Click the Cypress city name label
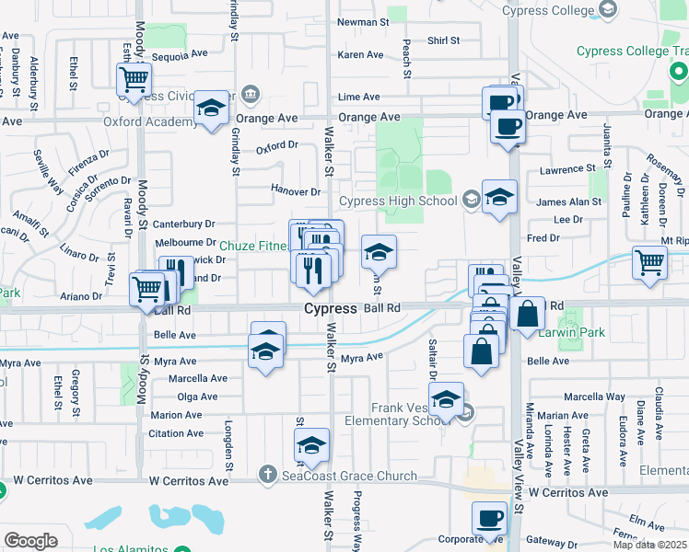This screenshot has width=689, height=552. [331, 309]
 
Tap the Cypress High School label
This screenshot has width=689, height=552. [398, 201]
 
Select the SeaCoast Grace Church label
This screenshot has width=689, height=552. [349, 477]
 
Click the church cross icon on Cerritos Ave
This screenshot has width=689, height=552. [267, 475]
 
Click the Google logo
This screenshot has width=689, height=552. [30, 541]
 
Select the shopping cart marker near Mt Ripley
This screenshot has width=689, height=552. [650, 261]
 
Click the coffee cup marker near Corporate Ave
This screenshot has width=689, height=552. [489, 518]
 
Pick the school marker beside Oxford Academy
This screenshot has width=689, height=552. [211, 108]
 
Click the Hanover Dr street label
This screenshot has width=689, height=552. [295, 191]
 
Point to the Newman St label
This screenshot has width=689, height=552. [358, 22]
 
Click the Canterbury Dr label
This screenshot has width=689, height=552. [183, 224]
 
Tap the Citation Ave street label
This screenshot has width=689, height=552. [176, 433]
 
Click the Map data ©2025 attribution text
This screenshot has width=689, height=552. [651, 545]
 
